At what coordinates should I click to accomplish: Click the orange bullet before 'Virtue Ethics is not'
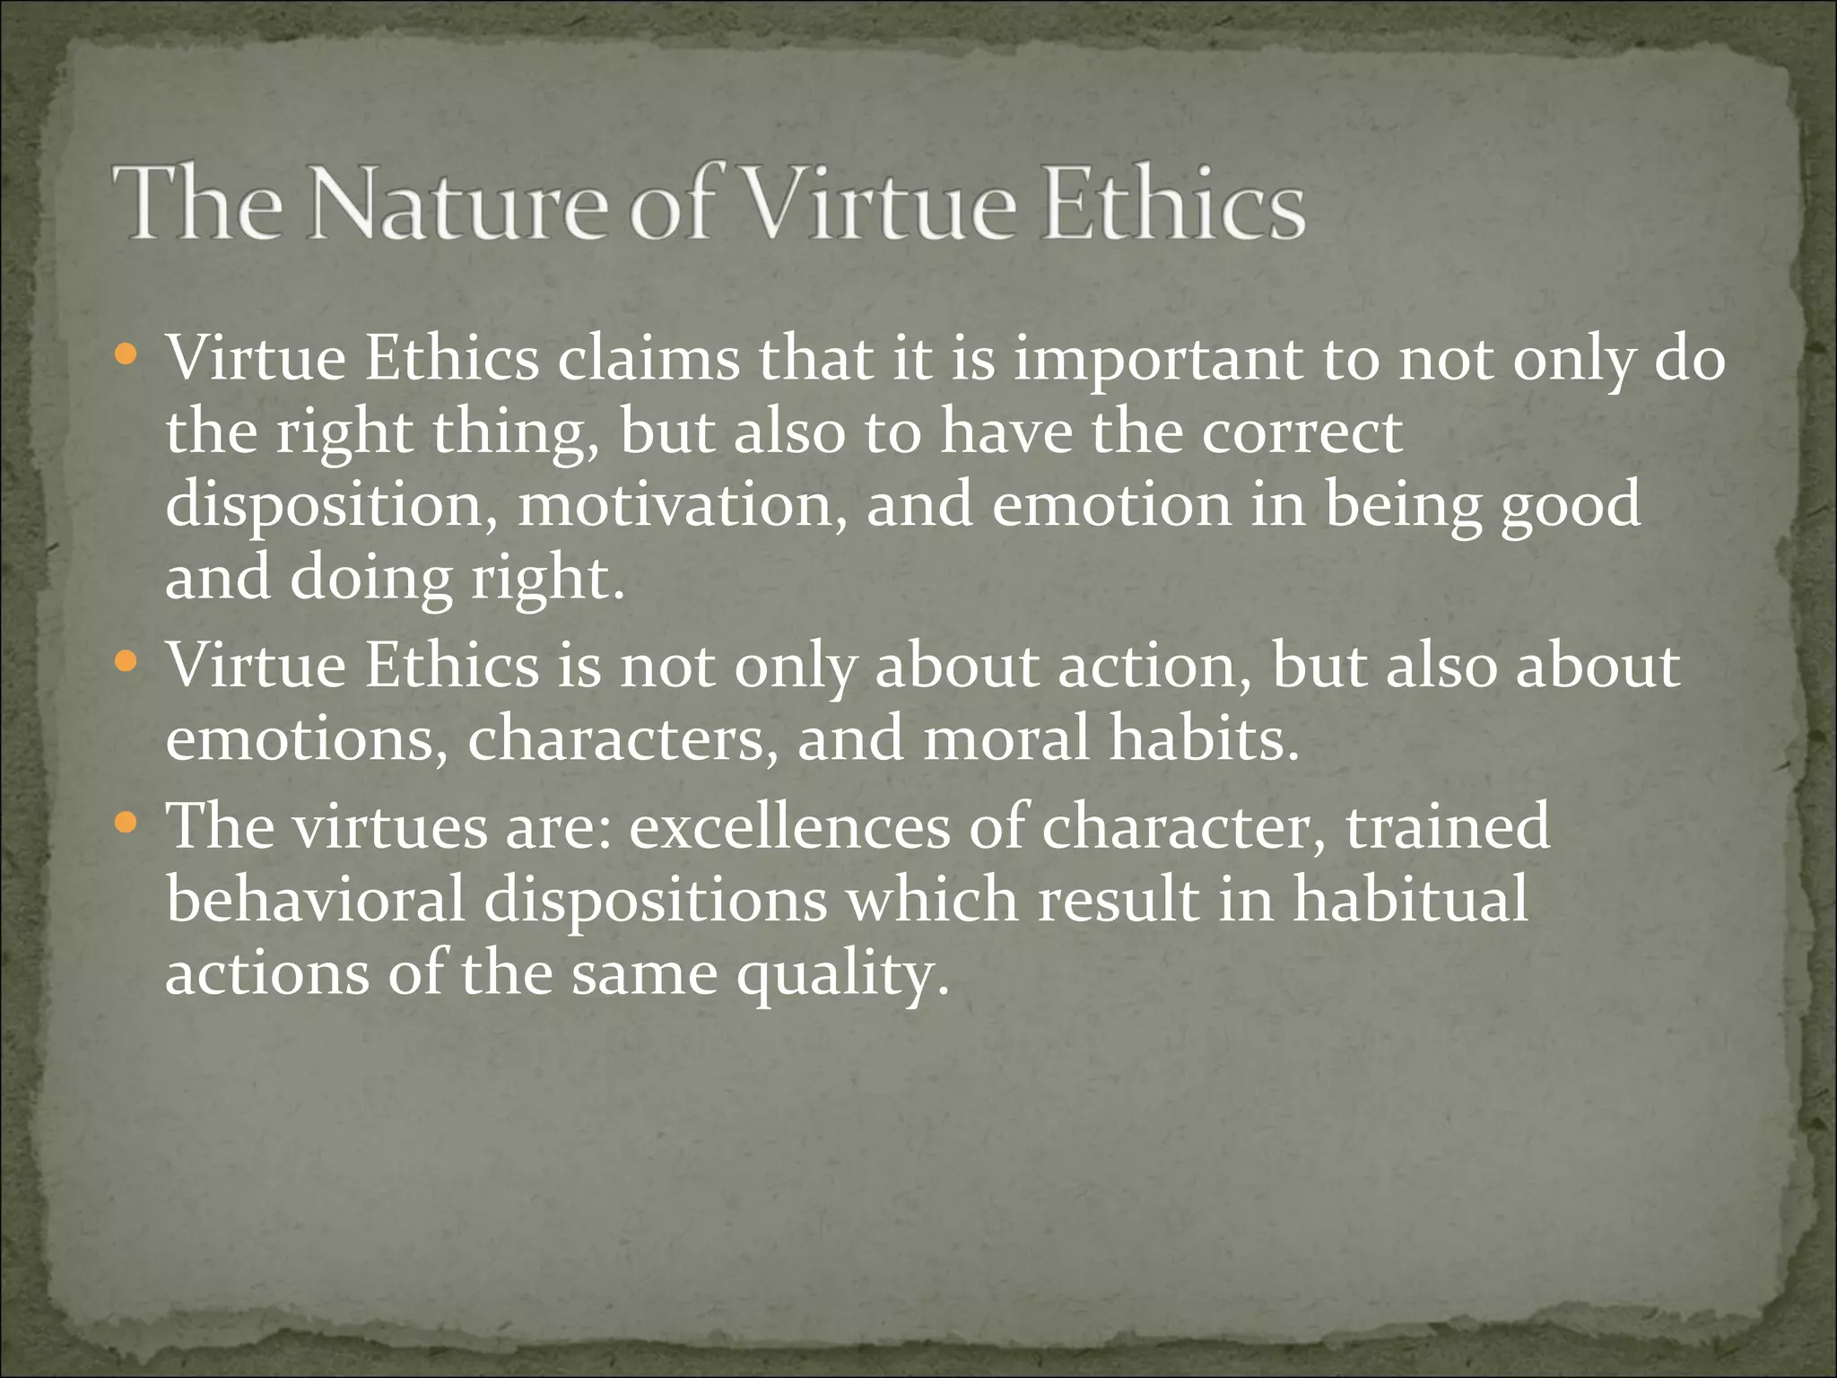coord(126,663)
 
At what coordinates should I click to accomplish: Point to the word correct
coord(1302,432)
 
